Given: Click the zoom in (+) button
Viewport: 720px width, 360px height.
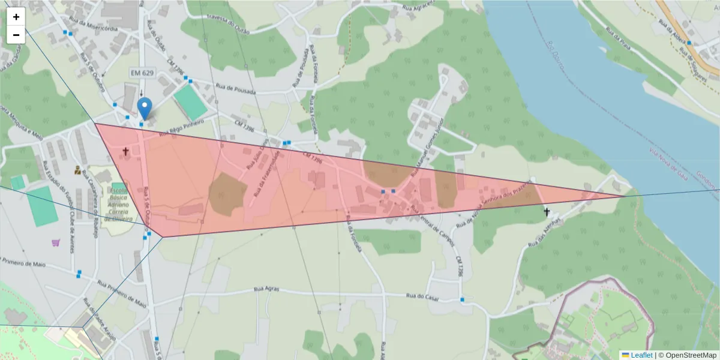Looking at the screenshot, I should point(16,17).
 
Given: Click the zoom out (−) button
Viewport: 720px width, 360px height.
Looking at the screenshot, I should point(16,35).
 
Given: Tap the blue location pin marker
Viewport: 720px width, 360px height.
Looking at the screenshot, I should point(145,109).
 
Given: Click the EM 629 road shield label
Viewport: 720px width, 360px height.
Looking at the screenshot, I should point(141,73).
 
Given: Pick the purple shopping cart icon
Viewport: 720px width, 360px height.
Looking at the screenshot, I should point(56,242).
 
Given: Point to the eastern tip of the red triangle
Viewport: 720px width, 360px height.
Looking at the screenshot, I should point(624,196).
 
